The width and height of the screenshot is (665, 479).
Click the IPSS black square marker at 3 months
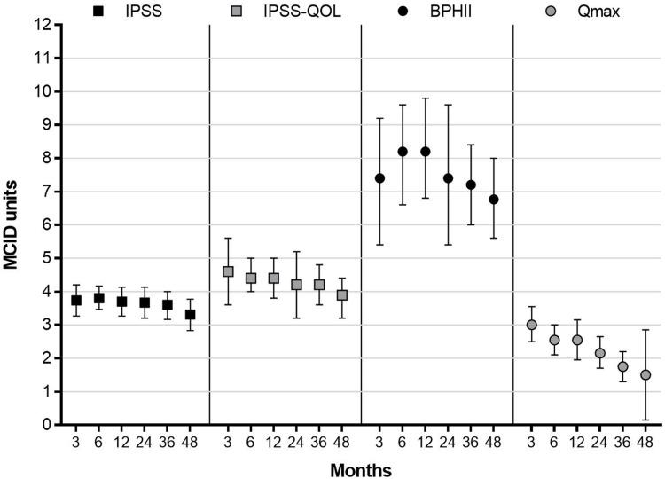76,301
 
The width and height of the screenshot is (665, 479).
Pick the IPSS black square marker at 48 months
190,315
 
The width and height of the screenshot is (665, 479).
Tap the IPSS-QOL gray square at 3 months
228,271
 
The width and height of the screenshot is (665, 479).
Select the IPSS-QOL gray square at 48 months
341,295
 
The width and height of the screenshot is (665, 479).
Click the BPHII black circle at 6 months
403,152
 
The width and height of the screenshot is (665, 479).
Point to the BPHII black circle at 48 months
494,200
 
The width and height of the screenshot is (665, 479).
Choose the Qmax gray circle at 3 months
532,325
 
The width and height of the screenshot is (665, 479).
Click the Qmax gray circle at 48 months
645,374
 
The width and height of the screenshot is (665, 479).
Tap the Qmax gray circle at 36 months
622,366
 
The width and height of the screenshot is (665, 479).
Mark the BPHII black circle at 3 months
379,178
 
